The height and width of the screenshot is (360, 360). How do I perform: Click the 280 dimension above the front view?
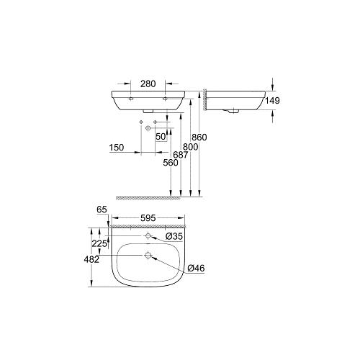[148, 83]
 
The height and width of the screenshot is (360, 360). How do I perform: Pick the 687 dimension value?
[181, 156]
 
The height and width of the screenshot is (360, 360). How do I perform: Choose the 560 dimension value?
[170, 163]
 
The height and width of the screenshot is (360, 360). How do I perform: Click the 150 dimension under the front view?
[117, 148]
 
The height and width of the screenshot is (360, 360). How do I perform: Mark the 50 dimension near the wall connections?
[161, 135]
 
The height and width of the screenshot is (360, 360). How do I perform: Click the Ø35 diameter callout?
[174, 235]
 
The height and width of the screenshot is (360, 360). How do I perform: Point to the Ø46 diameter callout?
[195, 269]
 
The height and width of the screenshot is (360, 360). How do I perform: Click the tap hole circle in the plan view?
[148, 235]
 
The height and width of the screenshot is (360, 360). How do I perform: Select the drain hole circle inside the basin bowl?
[148, 254]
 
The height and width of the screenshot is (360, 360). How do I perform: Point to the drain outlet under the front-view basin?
[148, 111]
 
